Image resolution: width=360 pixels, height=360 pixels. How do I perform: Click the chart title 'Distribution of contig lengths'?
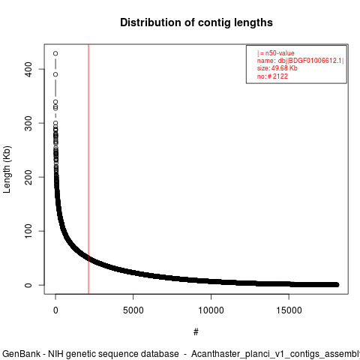[x=196, y=22]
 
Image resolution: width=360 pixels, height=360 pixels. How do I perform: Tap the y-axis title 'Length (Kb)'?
[x=7, y=169]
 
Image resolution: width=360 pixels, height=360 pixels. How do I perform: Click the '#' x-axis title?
[x=196, y=332]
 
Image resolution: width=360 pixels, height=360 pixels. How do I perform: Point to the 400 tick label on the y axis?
[x=28, y=69]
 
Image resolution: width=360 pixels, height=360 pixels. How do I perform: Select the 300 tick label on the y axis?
[x=28, y=123]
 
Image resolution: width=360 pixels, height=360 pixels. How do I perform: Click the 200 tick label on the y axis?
[x=28, y=177]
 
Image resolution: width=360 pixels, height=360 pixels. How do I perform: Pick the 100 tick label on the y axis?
[x=28, y=231]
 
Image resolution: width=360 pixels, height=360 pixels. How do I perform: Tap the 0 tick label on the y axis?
[x=28, y=285]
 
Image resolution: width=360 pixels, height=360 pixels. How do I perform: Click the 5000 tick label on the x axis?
[x=133, y=310]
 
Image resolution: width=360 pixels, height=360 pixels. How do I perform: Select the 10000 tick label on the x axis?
[x=211, y=310]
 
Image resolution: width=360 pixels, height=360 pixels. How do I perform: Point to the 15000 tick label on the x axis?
[x=289, y=310]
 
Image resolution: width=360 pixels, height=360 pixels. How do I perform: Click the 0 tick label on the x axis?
[x=55, y=310]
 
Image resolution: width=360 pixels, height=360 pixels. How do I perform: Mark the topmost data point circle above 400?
[x=55, y=53]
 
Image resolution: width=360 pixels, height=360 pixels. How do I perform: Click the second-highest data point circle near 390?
[x=55, y=74]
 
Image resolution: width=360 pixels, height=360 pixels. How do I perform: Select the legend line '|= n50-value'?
[x=276, y=53]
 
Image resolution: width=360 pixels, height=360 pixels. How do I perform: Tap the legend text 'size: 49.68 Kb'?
[x=277, y=68]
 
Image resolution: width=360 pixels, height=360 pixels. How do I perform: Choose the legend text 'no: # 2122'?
[x=272, y=76]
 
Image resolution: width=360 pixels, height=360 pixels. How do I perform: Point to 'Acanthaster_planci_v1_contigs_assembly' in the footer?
[x=275, y=354]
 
